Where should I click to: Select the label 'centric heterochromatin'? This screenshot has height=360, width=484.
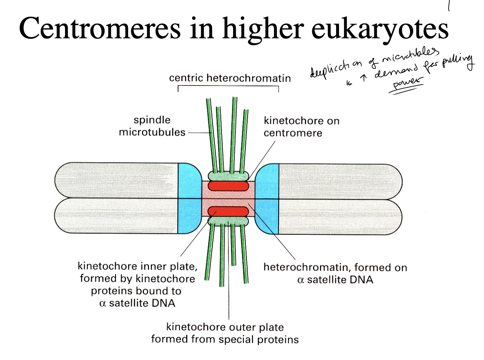pyautogui.click(x=230, y=78)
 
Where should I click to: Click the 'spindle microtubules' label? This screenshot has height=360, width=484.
pyautogui.click(x=152, y=126)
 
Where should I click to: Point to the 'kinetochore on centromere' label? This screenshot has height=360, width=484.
pyautogui.click(x=301, y=127)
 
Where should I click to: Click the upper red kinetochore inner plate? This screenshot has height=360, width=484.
pyautogui.click(x=228, y=186)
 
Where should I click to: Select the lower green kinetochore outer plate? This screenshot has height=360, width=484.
pyautogui.click(x=228, y=222)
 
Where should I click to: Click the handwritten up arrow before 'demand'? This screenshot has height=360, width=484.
pyautogui.click(x=364, y=77)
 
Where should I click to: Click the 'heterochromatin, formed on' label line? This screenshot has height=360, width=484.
pyautogui.click(x=335, y=267)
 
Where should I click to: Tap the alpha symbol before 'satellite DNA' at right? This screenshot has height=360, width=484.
pyautogui.click(x=301, y=280)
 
